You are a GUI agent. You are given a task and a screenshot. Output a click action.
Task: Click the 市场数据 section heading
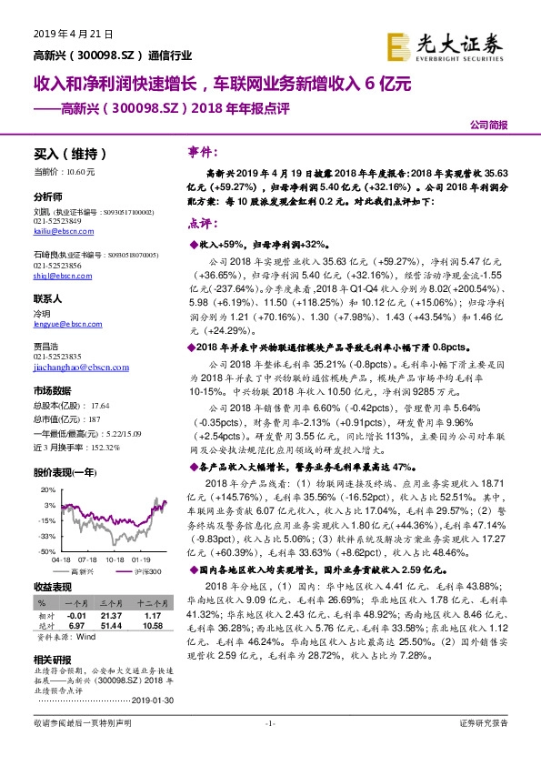(51, 388)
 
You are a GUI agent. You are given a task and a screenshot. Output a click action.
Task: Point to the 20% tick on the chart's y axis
(49, 489)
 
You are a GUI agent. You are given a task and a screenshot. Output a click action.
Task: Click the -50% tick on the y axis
(47, 551)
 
